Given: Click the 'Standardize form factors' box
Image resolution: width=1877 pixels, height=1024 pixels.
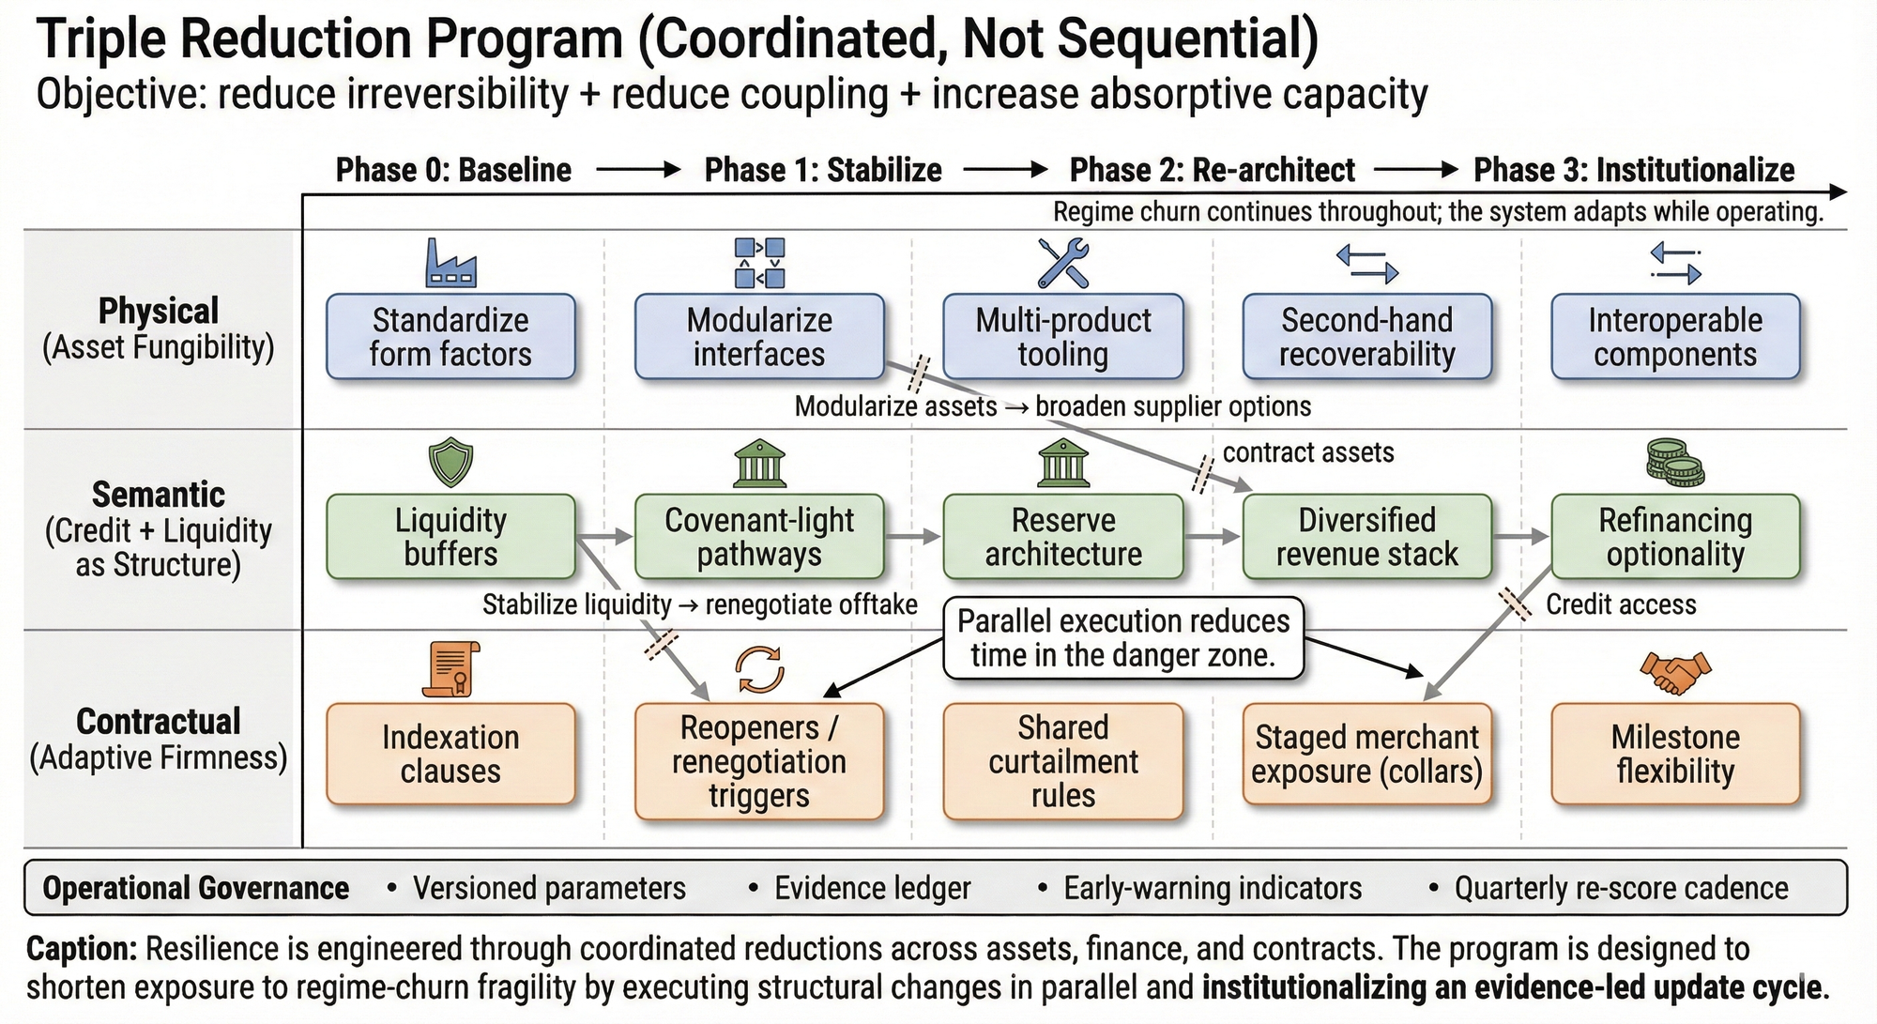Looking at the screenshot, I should pyautogui.click(x=450, y=337).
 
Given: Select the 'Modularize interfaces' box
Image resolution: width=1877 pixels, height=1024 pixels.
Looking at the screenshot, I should pyautogui.click(x=759, y=337).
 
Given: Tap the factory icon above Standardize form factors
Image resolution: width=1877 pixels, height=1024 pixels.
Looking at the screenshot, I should pyautogui.click(x=450, y=263).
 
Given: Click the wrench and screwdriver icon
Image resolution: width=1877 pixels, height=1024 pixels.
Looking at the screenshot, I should pyautogui.click(x=1063, y=263).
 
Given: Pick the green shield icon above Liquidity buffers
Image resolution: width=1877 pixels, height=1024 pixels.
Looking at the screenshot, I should pyautogui.click(x=450, y=463).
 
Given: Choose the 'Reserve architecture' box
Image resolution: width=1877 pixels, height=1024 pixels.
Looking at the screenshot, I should pyautogui.click(x=1063, y=537).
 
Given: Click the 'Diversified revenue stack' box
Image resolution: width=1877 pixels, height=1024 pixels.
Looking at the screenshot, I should pyautogui.click(x=1366, y=537).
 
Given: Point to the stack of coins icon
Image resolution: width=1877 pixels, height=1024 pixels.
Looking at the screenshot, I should pyautogui.click(x=1675, y=463).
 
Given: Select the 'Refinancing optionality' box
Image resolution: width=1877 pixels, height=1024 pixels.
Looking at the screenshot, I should pyautogui.click(x=1675, y=537).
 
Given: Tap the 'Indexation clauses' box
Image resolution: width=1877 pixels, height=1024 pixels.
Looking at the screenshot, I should pyautogui.click(x=450, y=754).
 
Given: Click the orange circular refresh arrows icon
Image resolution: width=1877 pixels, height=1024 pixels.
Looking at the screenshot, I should pyautogui.click(x=759, y=668).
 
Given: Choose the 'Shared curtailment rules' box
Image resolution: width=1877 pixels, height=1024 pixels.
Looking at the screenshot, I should pyautogui.click(x=1063, y=761).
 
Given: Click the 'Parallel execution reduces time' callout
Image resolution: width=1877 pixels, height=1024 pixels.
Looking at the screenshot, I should pyautogui.click(x=1123, y=638).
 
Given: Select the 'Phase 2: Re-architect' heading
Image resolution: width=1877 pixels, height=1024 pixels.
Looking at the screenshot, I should pyautogui.click(x=1212, y=170).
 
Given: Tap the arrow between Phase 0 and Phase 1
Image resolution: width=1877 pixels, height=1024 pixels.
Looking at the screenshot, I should pyautogui.click(x=637, y=170).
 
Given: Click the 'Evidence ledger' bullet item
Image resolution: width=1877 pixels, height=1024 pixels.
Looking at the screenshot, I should pyautogui.click(x=872, y=888).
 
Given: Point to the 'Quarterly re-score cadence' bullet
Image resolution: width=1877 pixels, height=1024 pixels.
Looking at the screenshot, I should pyautogui.click(x=1621, y=888).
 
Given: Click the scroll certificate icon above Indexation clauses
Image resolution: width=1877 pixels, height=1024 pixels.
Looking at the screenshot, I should pyautogui.click(x=450, y=669).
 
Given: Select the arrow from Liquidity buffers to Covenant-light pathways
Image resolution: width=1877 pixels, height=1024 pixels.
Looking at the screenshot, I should pyautogui.click(x=606, y=537).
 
